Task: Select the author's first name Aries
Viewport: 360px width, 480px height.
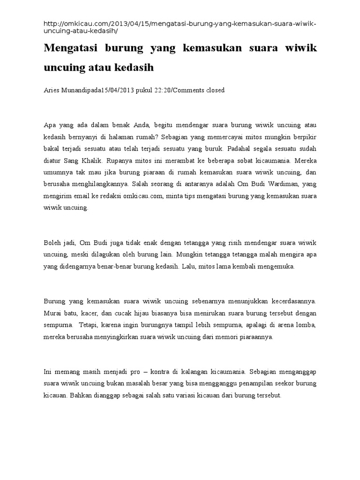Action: (x=52, y=90)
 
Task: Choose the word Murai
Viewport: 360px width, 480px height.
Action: (x=53, y=313)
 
